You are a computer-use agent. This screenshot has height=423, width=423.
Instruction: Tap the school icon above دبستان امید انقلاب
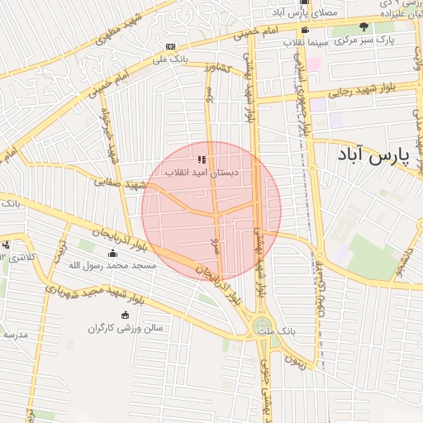point(202,159)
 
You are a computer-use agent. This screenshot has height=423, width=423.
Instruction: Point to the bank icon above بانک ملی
point(170,46)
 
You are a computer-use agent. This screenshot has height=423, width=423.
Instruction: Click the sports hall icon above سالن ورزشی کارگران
point(126,315)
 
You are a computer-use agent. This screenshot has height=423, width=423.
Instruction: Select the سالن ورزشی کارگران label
point(126,328)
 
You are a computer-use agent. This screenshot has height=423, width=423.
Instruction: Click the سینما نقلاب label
point(307,41)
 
